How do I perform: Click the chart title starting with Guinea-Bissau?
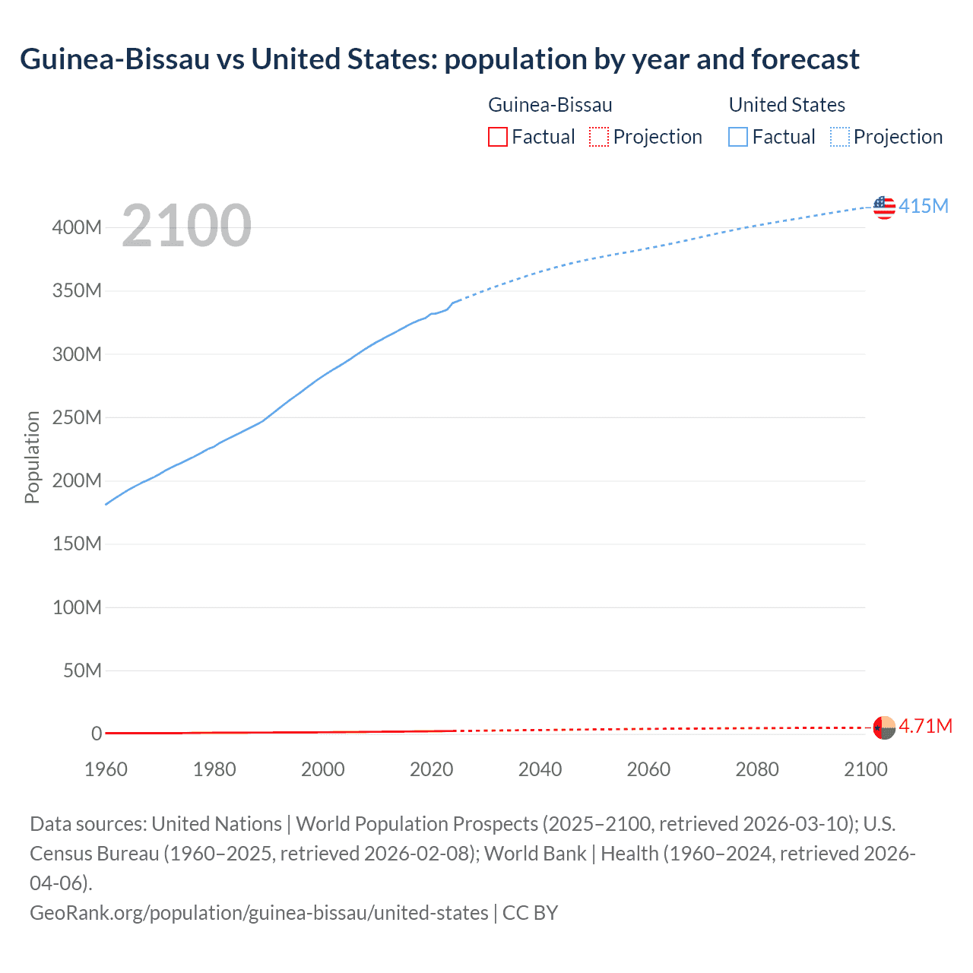(x=439, y=59)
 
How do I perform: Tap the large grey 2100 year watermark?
(x=186, y=226)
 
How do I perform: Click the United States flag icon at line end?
(x=884, y=207)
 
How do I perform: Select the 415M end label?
(x=924, y=206)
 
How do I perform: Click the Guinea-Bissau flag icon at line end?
(x=884, y=727)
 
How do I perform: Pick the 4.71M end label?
(x=925, y=727)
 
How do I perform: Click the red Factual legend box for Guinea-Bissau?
(x=498, y=137)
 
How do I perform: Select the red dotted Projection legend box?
(x=599, y=137)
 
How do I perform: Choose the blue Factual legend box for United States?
(x=738, y=137)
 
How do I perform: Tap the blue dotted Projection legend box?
(x=840, y=137)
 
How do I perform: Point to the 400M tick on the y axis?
(x=77, y=227)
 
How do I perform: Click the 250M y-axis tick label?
(x=77, y=417)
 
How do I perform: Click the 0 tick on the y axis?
(x=97, y=734)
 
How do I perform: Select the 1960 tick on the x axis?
(x=106, y=769)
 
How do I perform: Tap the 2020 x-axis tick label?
(x=432, y=769)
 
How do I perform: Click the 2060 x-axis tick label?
(x=648, y=769)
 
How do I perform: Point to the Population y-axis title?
(x=32, y=457)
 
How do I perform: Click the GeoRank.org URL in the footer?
(x=259, y=912)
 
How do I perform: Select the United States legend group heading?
(x=787, y=105)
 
